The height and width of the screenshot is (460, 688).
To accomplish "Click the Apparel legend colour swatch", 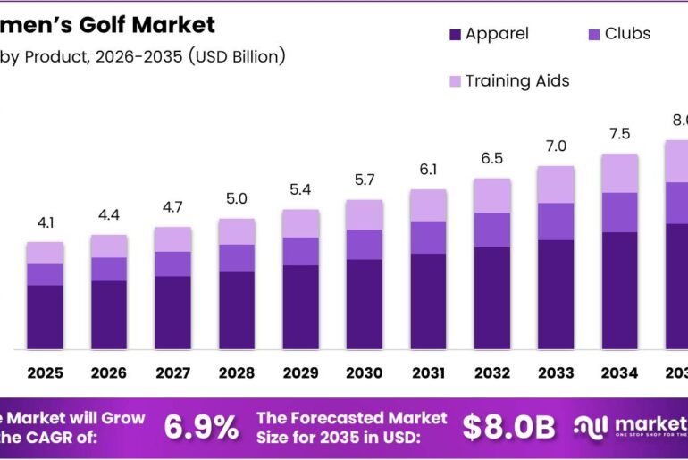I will (455, 35).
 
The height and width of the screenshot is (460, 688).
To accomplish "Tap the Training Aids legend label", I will (517, 80).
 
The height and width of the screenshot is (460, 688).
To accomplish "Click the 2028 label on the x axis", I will (237, 372).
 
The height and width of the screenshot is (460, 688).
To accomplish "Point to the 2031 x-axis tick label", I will (428, 372).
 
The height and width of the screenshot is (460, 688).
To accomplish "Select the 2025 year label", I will (45, 372).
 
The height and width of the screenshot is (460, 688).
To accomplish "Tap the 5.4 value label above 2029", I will (300, 191).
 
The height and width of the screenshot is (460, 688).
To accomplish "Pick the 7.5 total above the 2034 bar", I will (619, 134).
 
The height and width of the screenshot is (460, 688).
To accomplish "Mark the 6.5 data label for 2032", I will (491, 158).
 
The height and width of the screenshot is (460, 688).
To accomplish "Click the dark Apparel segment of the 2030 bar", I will (364, 304).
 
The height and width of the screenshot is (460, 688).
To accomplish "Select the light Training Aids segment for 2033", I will (556, 184).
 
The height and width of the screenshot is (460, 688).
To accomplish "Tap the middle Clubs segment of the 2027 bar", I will (172, 263).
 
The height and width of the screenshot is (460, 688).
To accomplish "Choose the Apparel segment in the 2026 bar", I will (109, 314).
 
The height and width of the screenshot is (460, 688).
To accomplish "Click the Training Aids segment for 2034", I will (619, 172).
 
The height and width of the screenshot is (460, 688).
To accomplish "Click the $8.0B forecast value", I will (508, 427).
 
